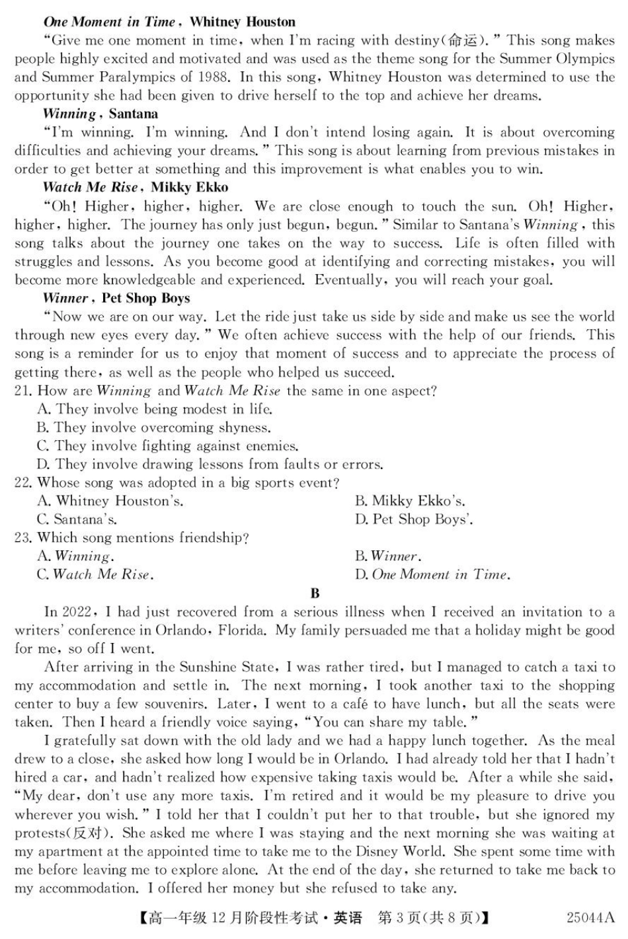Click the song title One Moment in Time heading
(x=110, y=22)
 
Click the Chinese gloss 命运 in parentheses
(x=462, y=40)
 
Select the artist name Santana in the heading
(x=134, y=114)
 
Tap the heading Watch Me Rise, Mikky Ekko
(x=136, y=187)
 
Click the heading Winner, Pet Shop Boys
(x=116, y=298)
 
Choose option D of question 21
(x=210, y=464)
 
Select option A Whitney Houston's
(x=110, y=501)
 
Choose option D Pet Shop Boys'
(x=414, y=519)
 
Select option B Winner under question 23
(x=388, y=556)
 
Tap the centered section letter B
(x=315, y=593)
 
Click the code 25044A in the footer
(x=590, y=918)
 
